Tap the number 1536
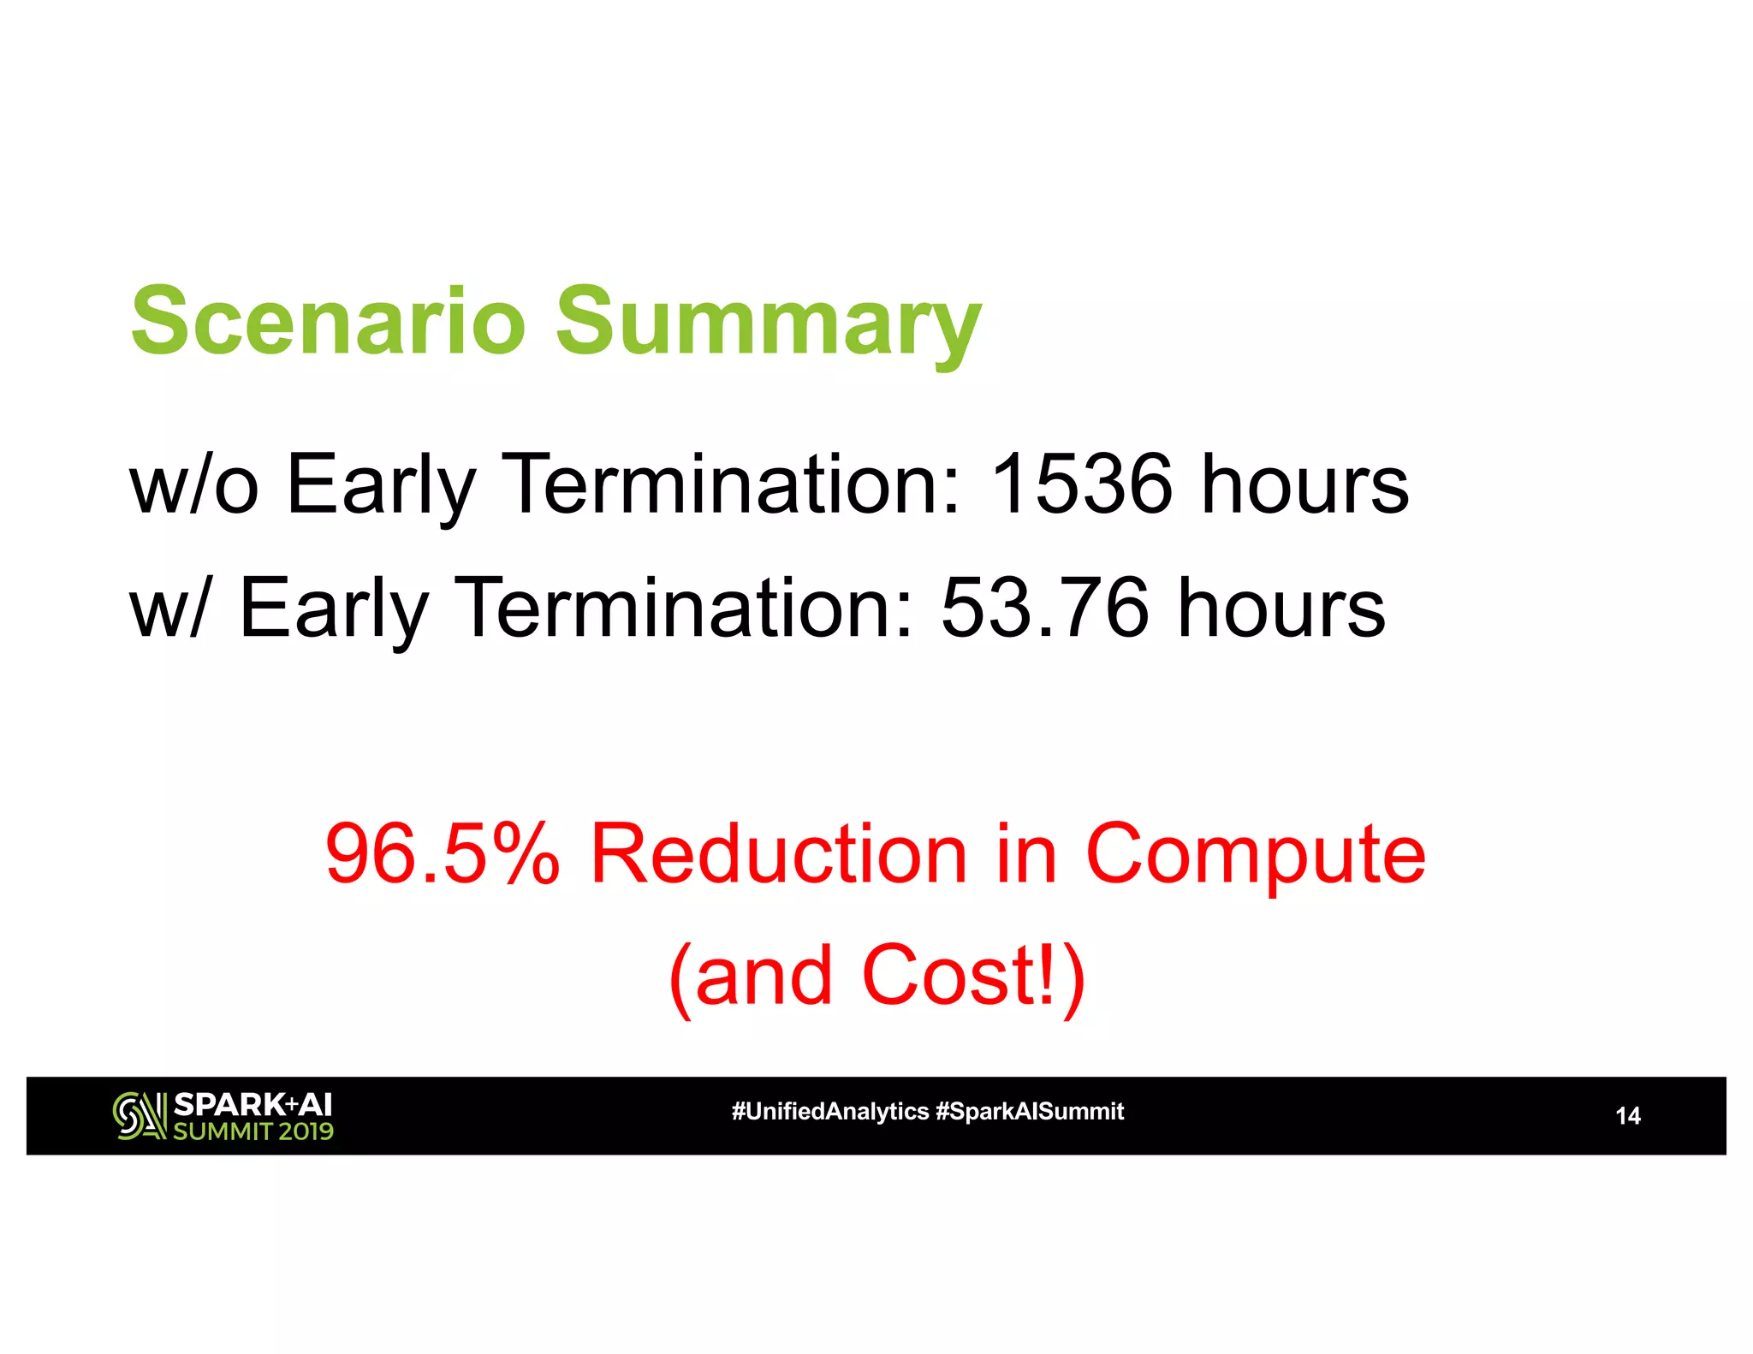pyautogui.click(x=1080, y=484)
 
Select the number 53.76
pyautogui.click(x=1043, y=609)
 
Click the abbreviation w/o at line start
pyautogui.click(x=193, y=484)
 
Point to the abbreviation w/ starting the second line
pyautogui.click(x=168, y=609)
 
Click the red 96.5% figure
pyautogui.click(x=443, y=853)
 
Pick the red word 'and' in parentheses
pyautogui.click(x=764, y=977)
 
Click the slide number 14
pyautogui.click(x=1627, y=1116)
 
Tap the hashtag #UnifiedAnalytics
pyautogui.click(x=829, y=1112)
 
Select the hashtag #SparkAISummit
pyautogui.click(x=1030, y=1112)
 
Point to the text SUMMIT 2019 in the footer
pyautogui.click(x=253, y=1131)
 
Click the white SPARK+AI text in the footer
pyautogui.click(x=253, y=1104)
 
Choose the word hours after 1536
pyautogui.click(x=1305, y=484)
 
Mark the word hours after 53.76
pyautogui.click(x=1281, y=609)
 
